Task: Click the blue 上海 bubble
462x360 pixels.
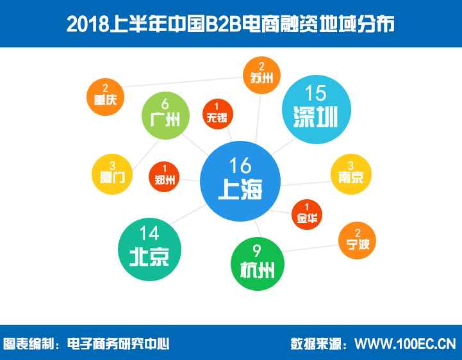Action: pyautogui.click(x=240, y=181)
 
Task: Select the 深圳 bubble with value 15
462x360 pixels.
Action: pyautogui.click(x=317, y=110)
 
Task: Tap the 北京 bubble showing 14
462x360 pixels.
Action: pyautogui.click(x=149, y=249)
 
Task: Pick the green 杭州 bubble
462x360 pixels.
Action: pyautogui.click(x=257, y=264)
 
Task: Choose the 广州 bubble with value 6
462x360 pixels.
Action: pyautogui.click(x=165, y=115)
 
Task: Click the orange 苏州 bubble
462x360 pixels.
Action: pyautogui.click(x=261, y=76)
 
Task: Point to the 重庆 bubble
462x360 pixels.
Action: pyautogui.click(x=105, y=97)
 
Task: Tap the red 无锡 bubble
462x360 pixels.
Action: pyautogui.click(x=218, y=114)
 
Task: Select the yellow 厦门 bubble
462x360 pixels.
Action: pyautogui.click(x=112, y=174)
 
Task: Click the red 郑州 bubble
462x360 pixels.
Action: pyautogui.click(x=164, y=177)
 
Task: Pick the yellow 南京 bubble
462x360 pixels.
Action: pyautogui.click(x=351, y=174)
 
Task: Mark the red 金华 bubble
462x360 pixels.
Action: pyautogui.click(x=307, y=215)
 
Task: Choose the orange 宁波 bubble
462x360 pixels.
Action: pyautogui.click(x=357, y=240)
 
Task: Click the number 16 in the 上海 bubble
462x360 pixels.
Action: pyautogui.click(x=240, y=165)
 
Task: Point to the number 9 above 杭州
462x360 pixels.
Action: pyautogui.click(x=257, y=251)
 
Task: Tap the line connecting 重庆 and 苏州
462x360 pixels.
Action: pyautogui.click(x=183, y=82)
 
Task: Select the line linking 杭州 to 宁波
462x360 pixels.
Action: pyautogui.click(x=311, y=249)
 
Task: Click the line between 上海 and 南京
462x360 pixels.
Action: pyautogui.click(x=306, y=183)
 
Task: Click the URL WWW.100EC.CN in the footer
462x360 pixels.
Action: pyautogui.click(x=405, y=344)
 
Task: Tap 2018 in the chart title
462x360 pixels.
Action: pyautogui.click(x=88, y=24)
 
